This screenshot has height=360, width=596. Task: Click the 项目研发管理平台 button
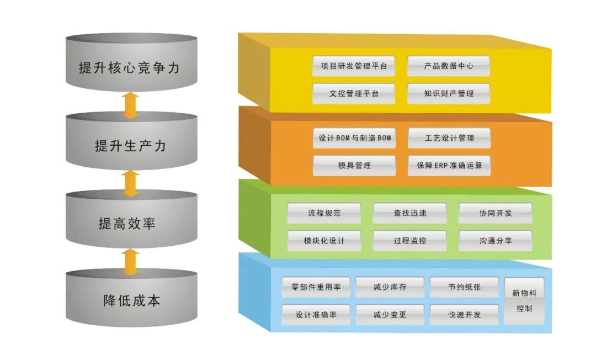(354, 66)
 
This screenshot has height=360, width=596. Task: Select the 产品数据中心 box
(449, 66)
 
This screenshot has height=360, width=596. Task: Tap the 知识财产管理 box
(449, 93)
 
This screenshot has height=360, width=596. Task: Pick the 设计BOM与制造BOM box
(354, 138)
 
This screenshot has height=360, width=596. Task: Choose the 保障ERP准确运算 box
(449, 166)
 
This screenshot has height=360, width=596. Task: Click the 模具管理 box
(354, 166)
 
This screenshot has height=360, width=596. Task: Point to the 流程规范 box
(324, 213)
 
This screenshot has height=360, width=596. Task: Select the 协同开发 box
(495, 213)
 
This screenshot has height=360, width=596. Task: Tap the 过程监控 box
(409, 241)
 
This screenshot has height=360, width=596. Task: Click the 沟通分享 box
(495, 241)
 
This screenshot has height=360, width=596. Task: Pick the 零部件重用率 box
(316, 287)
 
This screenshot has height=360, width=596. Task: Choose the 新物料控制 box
(524, 301)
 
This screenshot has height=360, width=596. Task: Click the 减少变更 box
(390, 315)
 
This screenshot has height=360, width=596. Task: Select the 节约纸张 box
(464, 287)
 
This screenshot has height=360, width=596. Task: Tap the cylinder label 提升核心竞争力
(131, 68)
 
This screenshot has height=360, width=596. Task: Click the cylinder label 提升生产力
(131, 146)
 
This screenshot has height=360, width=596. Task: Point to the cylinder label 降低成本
(131, 301)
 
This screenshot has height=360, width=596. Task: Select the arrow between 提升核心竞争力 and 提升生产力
(130, 105)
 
